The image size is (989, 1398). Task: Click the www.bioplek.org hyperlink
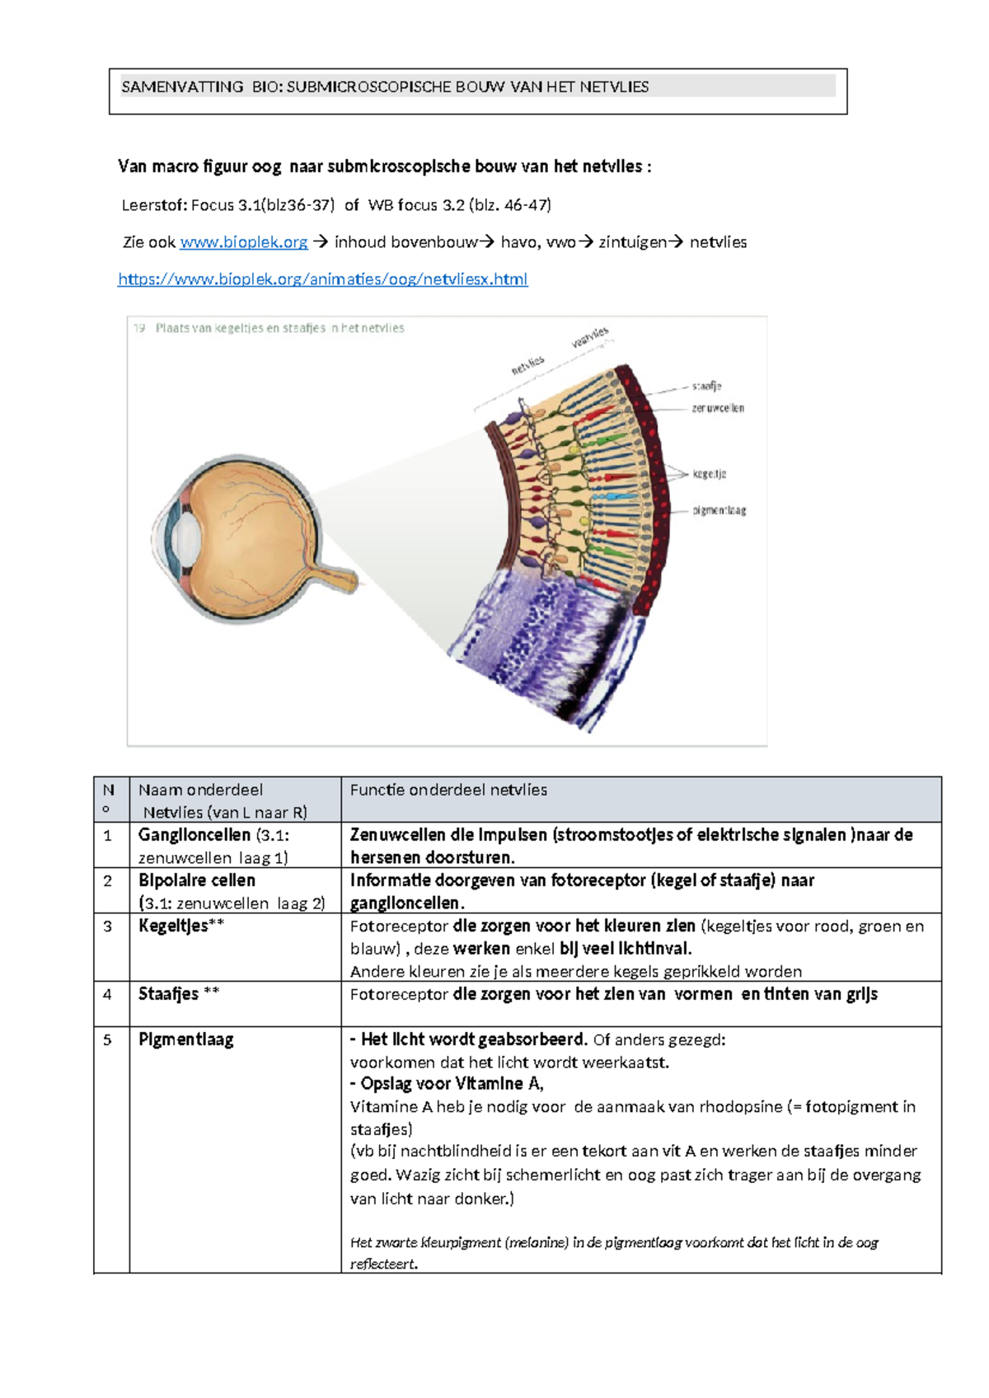click(x=243, y=242)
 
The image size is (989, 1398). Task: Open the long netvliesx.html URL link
click(x=322, y=279)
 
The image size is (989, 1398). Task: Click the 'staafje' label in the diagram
click(x=706, y=386)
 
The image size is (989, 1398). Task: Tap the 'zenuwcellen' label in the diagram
click(x=718, y=408)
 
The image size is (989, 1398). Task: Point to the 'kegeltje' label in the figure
click(x=709, y=474)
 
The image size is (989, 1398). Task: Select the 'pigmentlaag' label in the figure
click(x=719, y=510)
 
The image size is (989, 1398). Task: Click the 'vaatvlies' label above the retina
click(x=590, y=336)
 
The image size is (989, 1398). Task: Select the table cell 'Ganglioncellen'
click(x=195, y=835)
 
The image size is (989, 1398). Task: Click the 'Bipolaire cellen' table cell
click(x=197, y=880)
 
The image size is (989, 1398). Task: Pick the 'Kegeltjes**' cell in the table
click(x=181, y=926)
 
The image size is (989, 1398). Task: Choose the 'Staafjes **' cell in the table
click(x=179, y=994)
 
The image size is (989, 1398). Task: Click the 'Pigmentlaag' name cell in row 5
click(x=186, y=1039)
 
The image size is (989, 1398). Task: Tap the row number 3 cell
click(x=107, y=927)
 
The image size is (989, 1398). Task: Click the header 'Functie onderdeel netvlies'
click(x=448, y=790)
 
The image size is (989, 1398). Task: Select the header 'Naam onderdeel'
click(x=200, y=790)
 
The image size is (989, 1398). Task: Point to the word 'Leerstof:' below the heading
click(x=155, y=205)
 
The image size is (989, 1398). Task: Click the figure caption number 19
click(x=139, y=328)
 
